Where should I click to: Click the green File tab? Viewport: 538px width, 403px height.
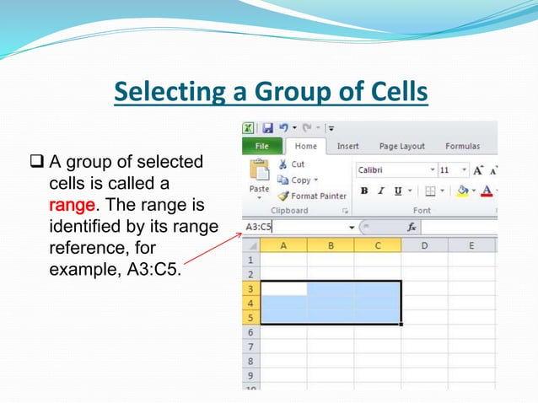pyautogui.click(x=262, y=147)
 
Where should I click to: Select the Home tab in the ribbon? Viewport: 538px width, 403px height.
pyautogui.click(x=305, y=147)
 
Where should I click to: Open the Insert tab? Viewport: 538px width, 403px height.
pyautogui.click(x=347, y=147)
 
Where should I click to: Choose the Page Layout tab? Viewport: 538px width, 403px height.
pyautogui.click(x=401, y=147)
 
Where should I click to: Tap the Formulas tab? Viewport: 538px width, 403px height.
pyautogui.click(x=462, y=147)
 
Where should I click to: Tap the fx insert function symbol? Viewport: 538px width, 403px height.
pyautogui.click(x=412, y=227)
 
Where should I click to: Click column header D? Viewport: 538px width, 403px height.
pyautogui.click(x=424, y=245)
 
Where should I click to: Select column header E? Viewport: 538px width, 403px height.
pyautogui.click(x=471, y=245)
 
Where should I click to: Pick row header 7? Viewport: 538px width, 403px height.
pyautogui.click(x=250, y=347)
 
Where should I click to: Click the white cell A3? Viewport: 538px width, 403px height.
pyautogui.click(x=283, y=288)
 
